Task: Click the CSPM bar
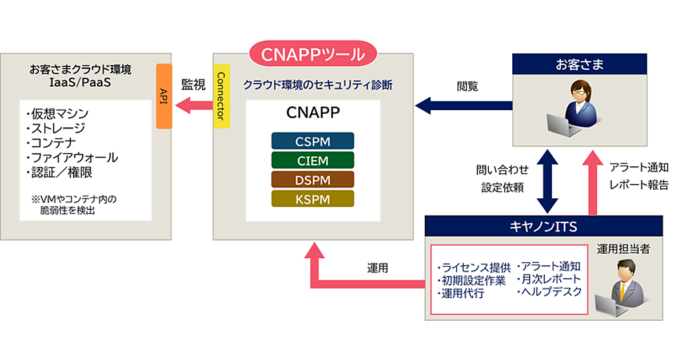coord(313,141)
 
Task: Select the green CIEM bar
coord(313,160)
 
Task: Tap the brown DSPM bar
coord(313,179)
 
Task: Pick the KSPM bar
coord(313,198)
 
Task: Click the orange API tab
coord(164,96)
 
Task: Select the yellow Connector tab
coord(221,96)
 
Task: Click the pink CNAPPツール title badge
coord(313,55)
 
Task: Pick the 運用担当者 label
coord(624,249)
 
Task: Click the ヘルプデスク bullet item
coord(549,291)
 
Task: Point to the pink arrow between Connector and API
coord(193,105)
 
